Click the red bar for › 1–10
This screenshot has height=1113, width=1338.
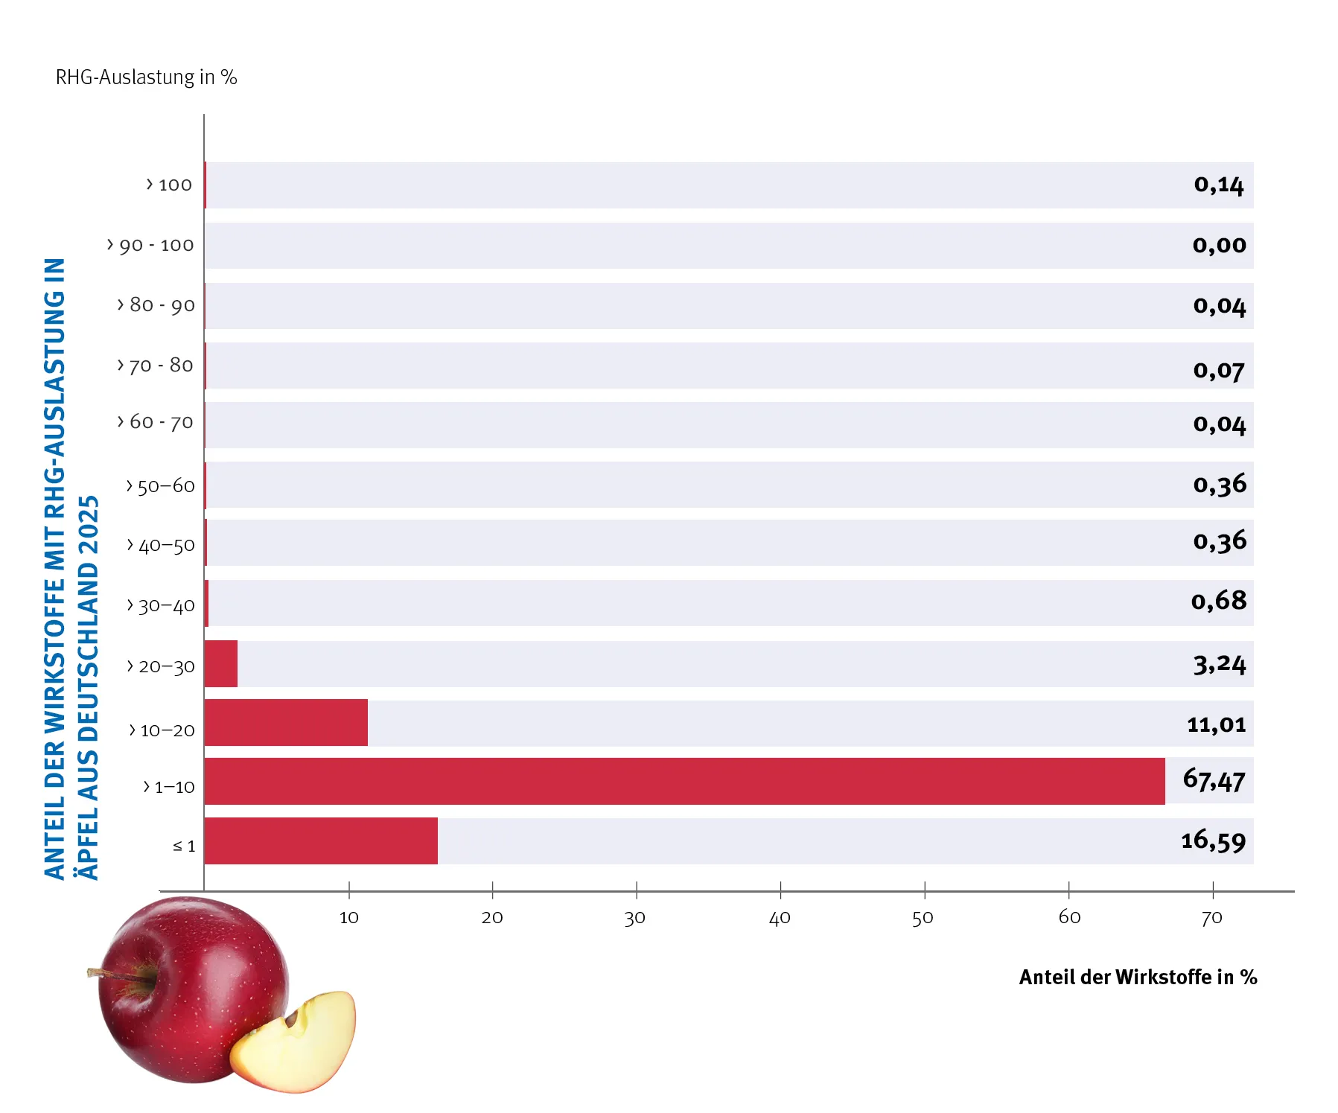(684, 781)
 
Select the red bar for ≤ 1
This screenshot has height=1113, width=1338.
(321, 841)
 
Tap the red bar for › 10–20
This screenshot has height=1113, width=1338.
(286, 722)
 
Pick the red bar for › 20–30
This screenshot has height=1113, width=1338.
(221, 663)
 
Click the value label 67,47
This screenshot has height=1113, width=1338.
(1214, 780)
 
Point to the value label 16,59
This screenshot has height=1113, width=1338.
(1213, 841)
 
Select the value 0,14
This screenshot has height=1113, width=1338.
(1219, 185)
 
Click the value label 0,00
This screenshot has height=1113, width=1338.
(1219, 245)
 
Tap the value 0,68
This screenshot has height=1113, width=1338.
(1219, 601)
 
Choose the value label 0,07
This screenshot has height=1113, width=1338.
(1219, 370)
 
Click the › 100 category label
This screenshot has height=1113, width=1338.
(169, 185)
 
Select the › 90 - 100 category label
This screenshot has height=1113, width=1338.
(150, 245)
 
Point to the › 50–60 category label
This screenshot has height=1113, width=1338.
(161, 486)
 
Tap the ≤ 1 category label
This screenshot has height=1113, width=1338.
(184, 846)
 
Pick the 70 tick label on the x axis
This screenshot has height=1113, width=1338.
(1212, 918)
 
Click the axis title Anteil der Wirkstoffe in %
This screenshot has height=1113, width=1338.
(1138, 977)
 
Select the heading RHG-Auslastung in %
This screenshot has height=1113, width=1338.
(146, 77)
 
